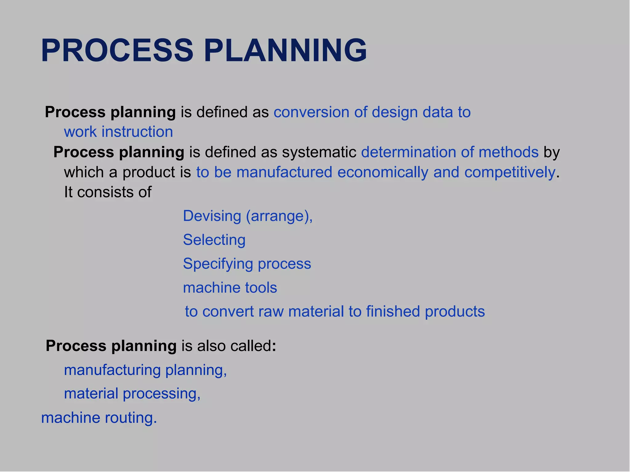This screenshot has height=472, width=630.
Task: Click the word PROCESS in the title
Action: click(x=117, y=51)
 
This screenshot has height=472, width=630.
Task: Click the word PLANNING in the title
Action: click(x=285, y=51)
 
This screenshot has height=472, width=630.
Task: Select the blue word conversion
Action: click(x=311, y=112)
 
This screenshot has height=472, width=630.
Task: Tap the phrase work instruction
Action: click(x=118, y=132)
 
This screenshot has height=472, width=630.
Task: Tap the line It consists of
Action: click(x=108, y=192)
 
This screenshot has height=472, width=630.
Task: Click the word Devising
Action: click(x=212, y=216)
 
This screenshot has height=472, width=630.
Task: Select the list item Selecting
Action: click(x=214, y=240)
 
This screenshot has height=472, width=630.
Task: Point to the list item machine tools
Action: click(x=230, y=288)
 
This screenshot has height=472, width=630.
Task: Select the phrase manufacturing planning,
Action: click(x=145, y=370)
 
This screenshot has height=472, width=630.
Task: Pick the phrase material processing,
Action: click(x=132, y=394)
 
